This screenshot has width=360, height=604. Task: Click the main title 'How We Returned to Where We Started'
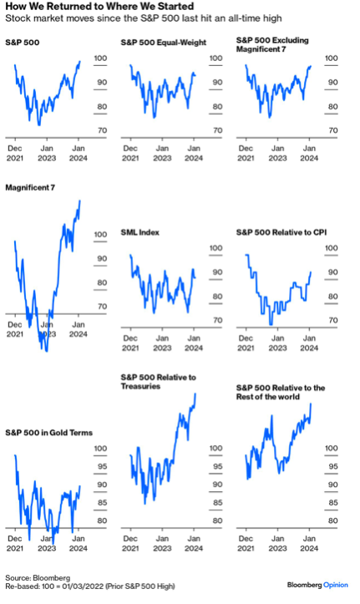pos(99,7)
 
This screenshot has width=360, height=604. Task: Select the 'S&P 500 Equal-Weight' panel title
pos(164,43)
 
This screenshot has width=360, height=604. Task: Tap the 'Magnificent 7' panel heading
pos(30,188)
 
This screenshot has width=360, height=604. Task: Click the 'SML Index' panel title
pos(139,232)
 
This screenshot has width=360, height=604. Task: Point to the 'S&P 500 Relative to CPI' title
pos(281,232)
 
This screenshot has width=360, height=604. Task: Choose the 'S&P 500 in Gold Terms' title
pos(49,433)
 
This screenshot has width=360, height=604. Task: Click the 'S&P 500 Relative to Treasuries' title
pos(158,382)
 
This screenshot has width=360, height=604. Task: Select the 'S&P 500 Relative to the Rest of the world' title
pos(281,392)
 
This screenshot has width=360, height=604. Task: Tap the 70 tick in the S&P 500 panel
pos(102,130)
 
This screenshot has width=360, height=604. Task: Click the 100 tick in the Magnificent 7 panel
pos(100,234)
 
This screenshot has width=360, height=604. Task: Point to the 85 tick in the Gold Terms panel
pos(102,503)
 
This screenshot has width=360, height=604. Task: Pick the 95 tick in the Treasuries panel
pos(217,466)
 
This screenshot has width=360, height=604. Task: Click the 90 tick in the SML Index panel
pos(217,272)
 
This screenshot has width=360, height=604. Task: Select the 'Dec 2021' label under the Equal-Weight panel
pos(130,154)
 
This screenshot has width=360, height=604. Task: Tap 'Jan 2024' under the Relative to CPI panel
pos(309,343)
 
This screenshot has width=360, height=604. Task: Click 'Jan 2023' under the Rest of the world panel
pos(277,544)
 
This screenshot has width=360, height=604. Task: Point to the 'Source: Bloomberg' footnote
pos(38,578)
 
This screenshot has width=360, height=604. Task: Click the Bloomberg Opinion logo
pos(317,585)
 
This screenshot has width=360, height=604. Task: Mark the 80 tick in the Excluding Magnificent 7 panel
pos(333,107)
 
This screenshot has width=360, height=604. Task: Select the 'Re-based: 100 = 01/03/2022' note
pos(54,586)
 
